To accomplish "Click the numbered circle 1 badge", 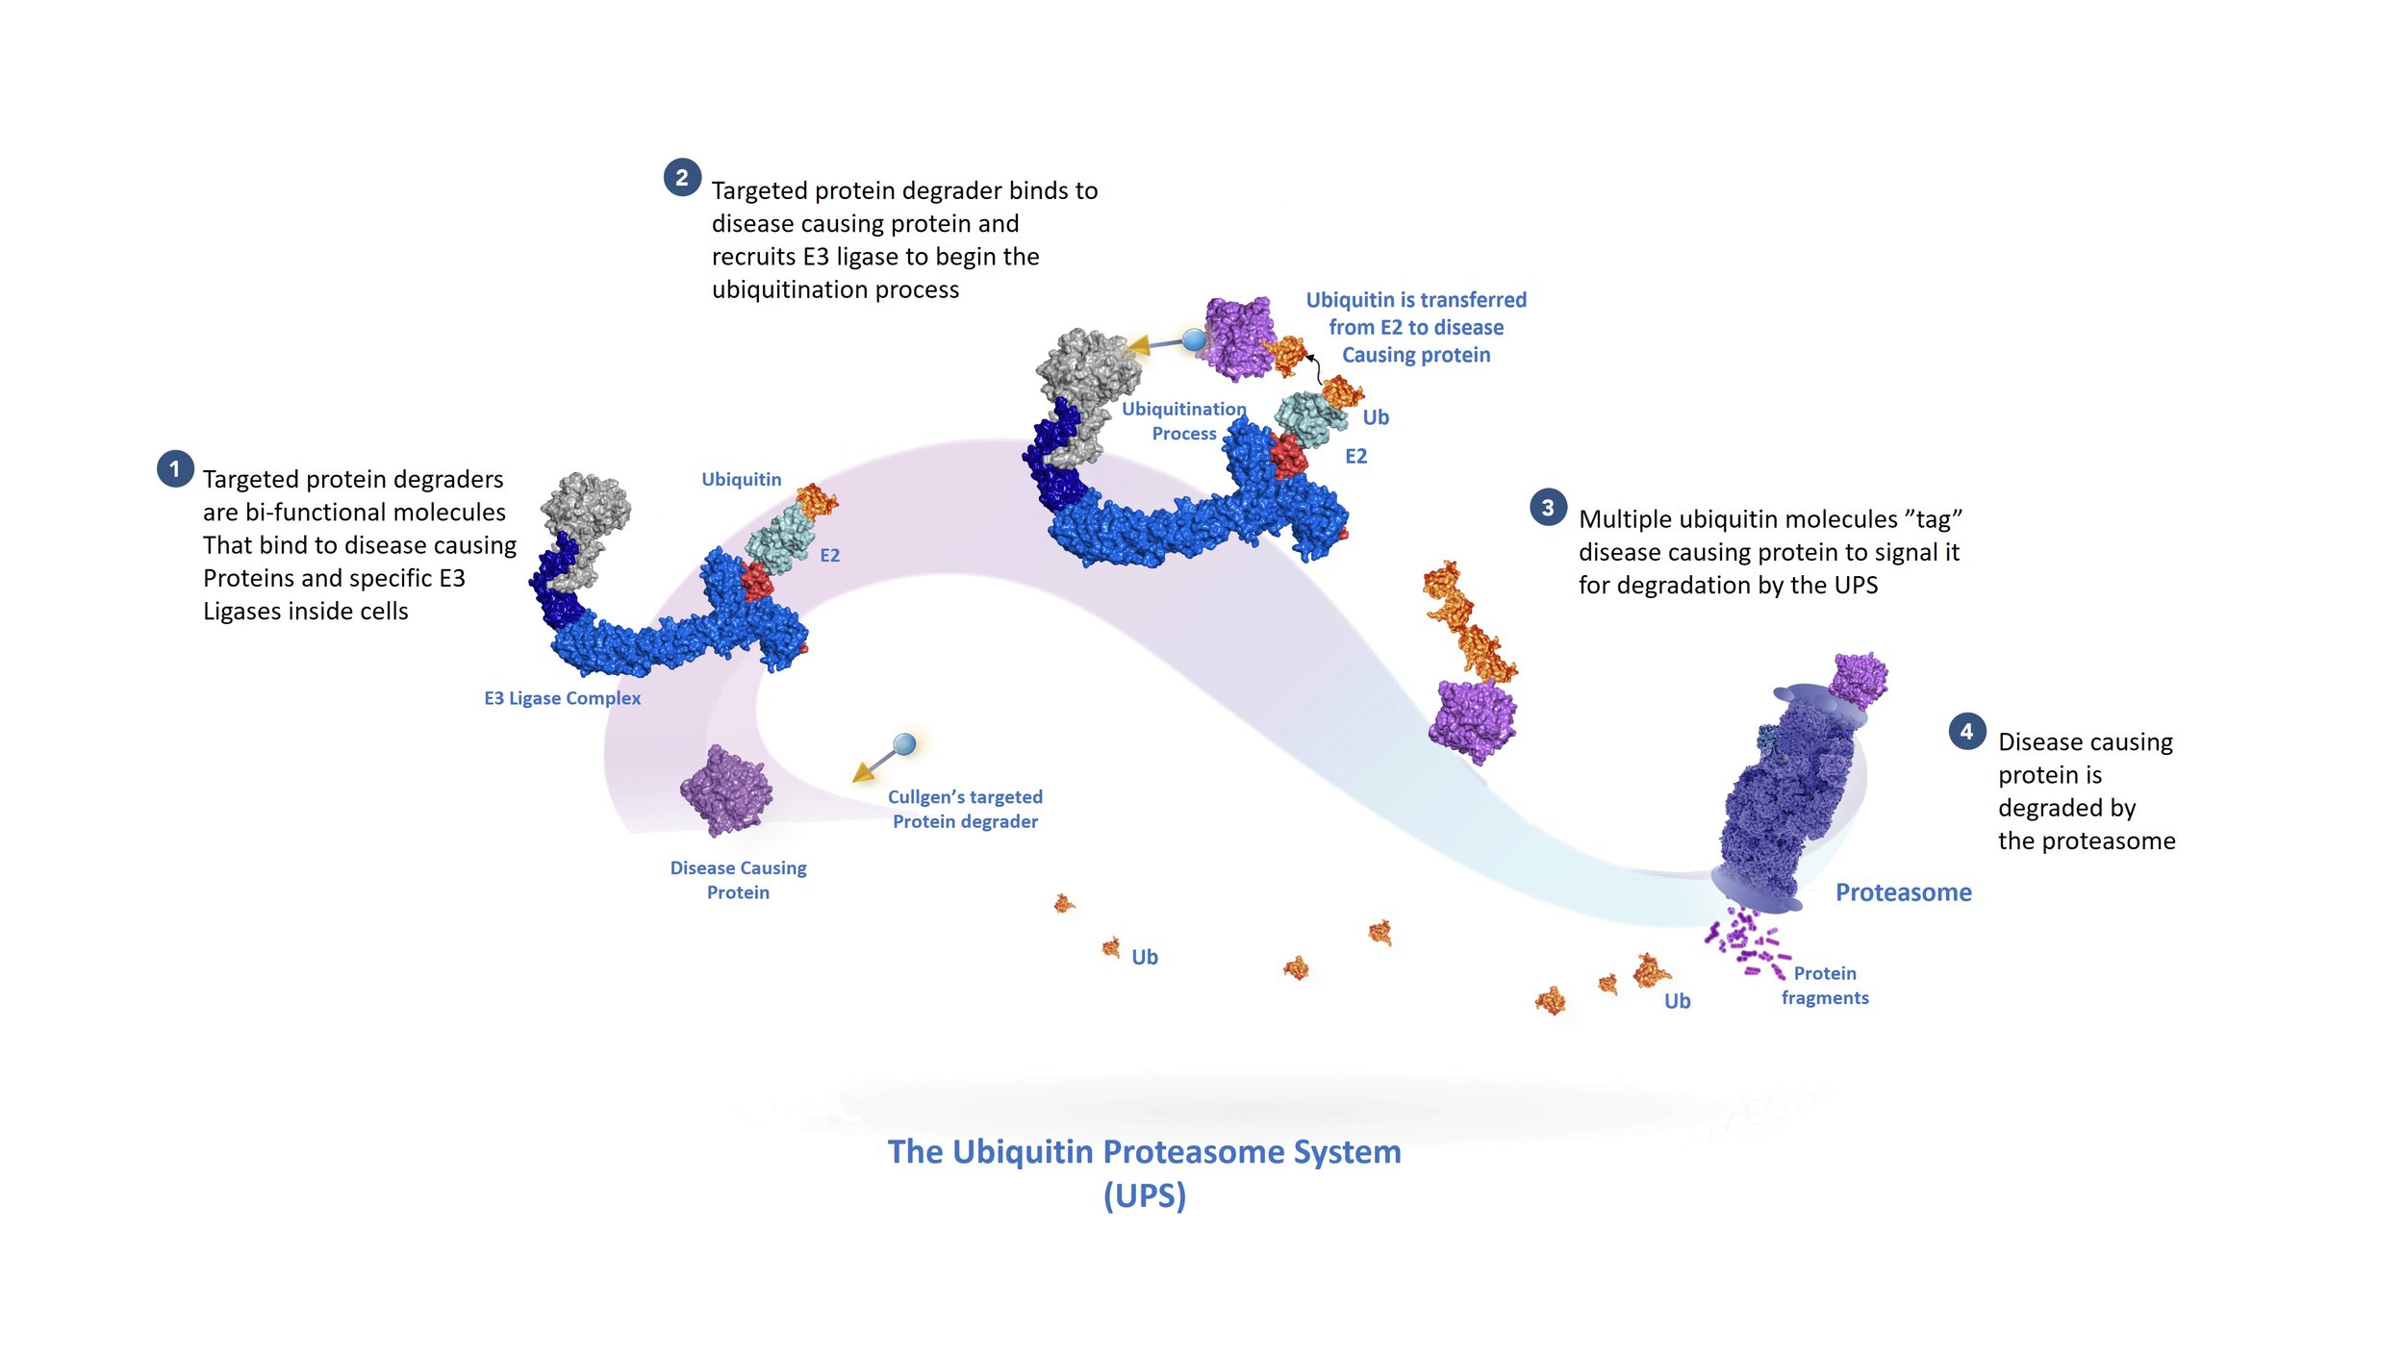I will [175, 469].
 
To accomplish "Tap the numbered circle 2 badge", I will [682, 178].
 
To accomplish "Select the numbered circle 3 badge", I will [1548, 508].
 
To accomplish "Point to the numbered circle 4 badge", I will [1966, 732].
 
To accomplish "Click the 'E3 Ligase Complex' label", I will [562, 698].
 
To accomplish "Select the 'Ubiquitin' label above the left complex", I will [741, 479].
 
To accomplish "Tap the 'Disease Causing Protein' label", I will [738, 880].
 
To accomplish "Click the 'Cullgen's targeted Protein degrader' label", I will [965, 809].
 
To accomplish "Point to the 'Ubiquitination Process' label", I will [1183, 421].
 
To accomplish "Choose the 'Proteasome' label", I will [1903, 892].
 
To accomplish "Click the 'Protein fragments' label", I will [1824, 986].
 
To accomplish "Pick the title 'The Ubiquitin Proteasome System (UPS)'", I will [1144, 1172].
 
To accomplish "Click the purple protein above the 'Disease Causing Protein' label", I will [726, 791].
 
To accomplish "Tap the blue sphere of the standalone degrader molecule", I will [904, 743].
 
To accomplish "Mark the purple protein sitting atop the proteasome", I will [1858, 679].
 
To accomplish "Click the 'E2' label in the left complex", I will [829, 555].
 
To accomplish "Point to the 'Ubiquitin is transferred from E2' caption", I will [1415, 327].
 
